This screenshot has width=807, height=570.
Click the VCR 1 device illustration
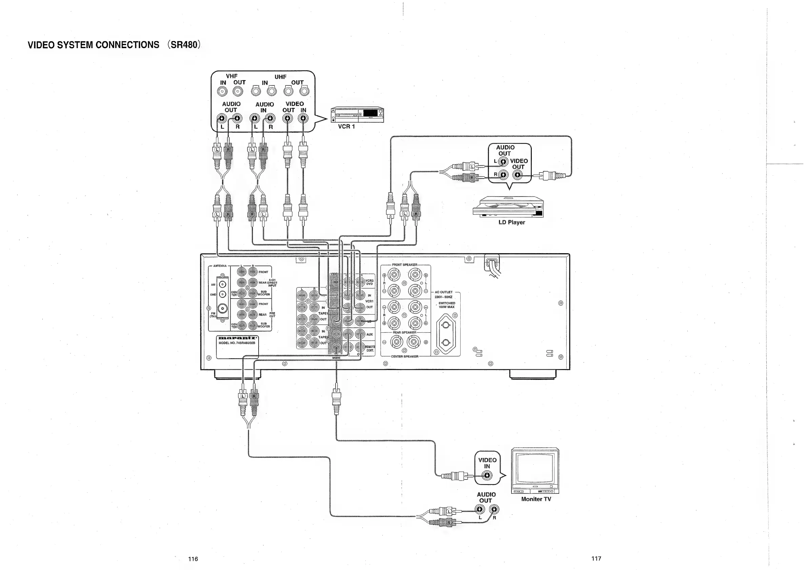pos(357,115)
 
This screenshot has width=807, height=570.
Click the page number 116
pos(193,559)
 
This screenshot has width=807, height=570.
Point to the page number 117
pos(596,558)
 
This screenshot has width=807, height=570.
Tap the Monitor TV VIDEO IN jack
pos(487,476)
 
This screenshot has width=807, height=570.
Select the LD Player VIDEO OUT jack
pos(517,175)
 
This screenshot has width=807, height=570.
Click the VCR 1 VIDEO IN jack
pos(303,118)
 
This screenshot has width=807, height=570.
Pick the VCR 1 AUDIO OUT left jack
pos(221,118)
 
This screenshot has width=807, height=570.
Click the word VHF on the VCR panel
pos(231,76)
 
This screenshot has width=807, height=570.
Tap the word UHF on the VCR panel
pos(280,77)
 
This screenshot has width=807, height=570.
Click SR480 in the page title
pos(184,45)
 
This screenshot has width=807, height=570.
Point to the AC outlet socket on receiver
pos(446,333)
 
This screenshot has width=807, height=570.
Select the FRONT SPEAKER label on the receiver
pos(405,265)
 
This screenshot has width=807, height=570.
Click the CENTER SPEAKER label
pos(405,357)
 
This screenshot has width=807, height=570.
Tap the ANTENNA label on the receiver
pos(220,266)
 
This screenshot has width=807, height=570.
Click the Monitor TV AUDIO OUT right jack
pos(494,509)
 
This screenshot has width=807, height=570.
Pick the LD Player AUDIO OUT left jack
pos(503,161)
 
